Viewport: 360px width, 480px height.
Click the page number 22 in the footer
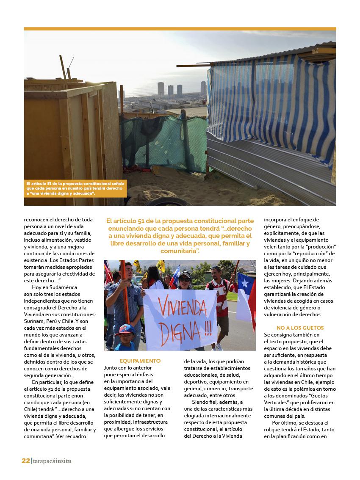click(26, 461)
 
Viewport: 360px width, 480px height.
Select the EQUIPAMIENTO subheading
click(140, 361)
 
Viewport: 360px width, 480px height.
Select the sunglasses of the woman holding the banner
click(185, 280)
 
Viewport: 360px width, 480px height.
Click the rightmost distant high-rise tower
click(203, 88)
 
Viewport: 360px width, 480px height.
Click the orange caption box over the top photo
click(75, 188)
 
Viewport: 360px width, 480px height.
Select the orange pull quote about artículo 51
click(180, 236)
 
